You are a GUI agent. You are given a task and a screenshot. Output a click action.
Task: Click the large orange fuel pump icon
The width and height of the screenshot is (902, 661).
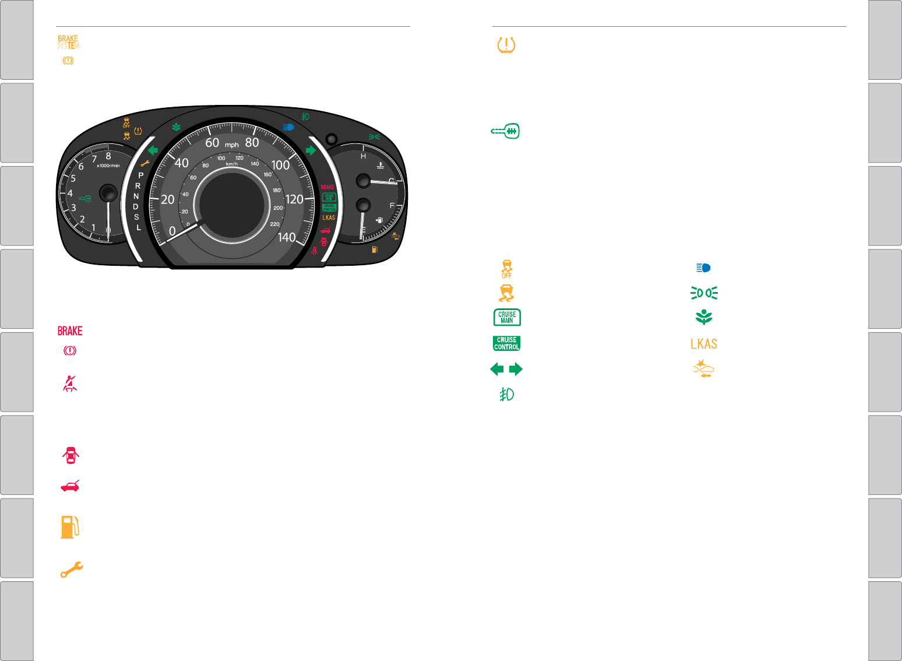70,526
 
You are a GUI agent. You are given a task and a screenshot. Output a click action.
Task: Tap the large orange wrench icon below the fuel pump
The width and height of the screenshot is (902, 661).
72,569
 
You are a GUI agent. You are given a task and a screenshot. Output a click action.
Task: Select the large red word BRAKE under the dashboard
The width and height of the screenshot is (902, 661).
70,331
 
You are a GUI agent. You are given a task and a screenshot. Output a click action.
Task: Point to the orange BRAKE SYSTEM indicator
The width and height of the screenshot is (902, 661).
68,42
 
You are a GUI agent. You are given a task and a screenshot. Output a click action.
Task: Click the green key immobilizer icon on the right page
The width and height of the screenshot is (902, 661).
505,131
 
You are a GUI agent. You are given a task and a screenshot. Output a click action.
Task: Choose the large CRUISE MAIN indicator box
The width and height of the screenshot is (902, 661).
507,318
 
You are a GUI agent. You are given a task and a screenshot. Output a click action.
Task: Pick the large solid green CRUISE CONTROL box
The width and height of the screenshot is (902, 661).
506,343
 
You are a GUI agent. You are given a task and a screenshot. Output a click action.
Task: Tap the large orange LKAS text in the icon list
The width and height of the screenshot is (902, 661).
703,344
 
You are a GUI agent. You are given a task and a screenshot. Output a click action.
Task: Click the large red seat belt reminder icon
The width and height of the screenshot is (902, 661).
70,383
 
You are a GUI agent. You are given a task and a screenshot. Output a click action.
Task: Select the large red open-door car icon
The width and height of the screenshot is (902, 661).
71,455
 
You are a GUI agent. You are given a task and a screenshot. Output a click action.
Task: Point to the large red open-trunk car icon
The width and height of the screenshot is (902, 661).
70,486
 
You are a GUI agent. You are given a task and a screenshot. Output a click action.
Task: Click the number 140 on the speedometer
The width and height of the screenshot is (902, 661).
287,237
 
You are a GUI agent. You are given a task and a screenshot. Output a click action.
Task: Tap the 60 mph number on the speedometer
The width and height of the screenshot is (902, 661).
212,143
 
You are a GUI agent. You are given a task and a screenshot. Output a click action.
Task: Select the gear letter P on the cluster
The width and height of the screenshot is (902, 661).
140,175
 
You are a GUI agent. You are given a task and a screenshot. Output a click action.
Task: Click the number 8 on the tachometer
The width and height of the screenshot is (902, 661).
108,156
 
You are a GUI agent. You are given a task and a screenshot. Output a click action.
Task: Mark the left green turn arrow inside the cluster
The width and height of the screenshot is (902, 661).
153,150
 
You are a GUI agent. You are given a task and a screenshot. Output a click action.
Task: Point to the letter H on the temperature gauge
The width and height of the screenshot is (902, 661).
363,156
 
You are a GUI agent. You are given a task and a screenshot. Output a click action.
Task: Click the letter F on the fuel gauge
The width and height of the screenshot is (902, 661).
392,205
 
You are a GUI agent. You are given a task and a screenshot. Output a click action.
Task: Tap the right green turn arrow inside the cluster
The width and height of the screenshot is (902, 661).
311,150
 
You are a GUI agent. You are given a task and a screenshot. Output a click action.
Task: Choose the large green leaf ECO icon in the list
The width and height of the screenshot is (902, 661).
704,317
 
